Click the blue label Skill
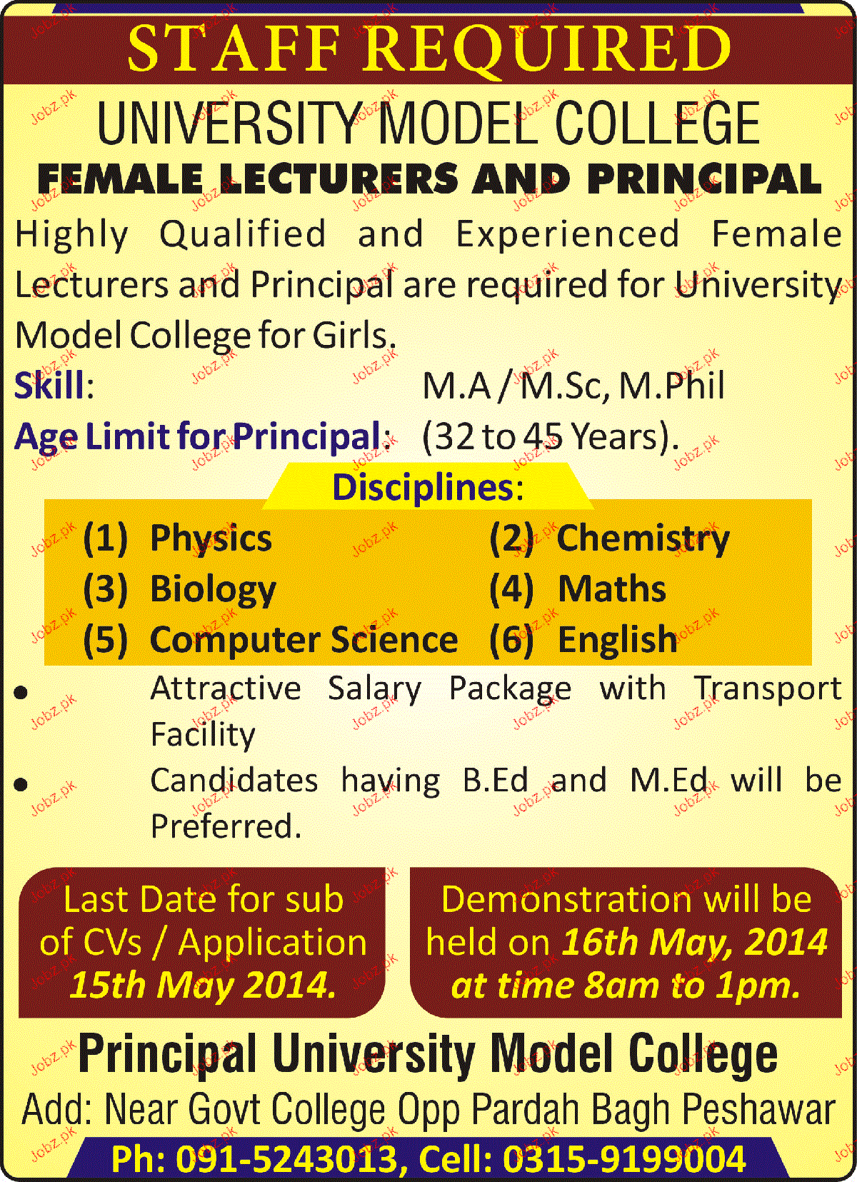(x=49, y=385)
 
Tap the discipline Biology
(x=214, y=591)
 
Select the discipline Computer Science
(x=304, y=641)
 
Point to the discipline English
(x=618, y=641)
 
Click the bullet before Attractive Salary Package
(x=21, y=693)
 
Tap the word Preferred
(x=226, y=826)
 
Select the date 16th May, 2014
(x=694, y=943)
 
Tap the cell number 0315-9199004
(x=624, y=1158)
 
